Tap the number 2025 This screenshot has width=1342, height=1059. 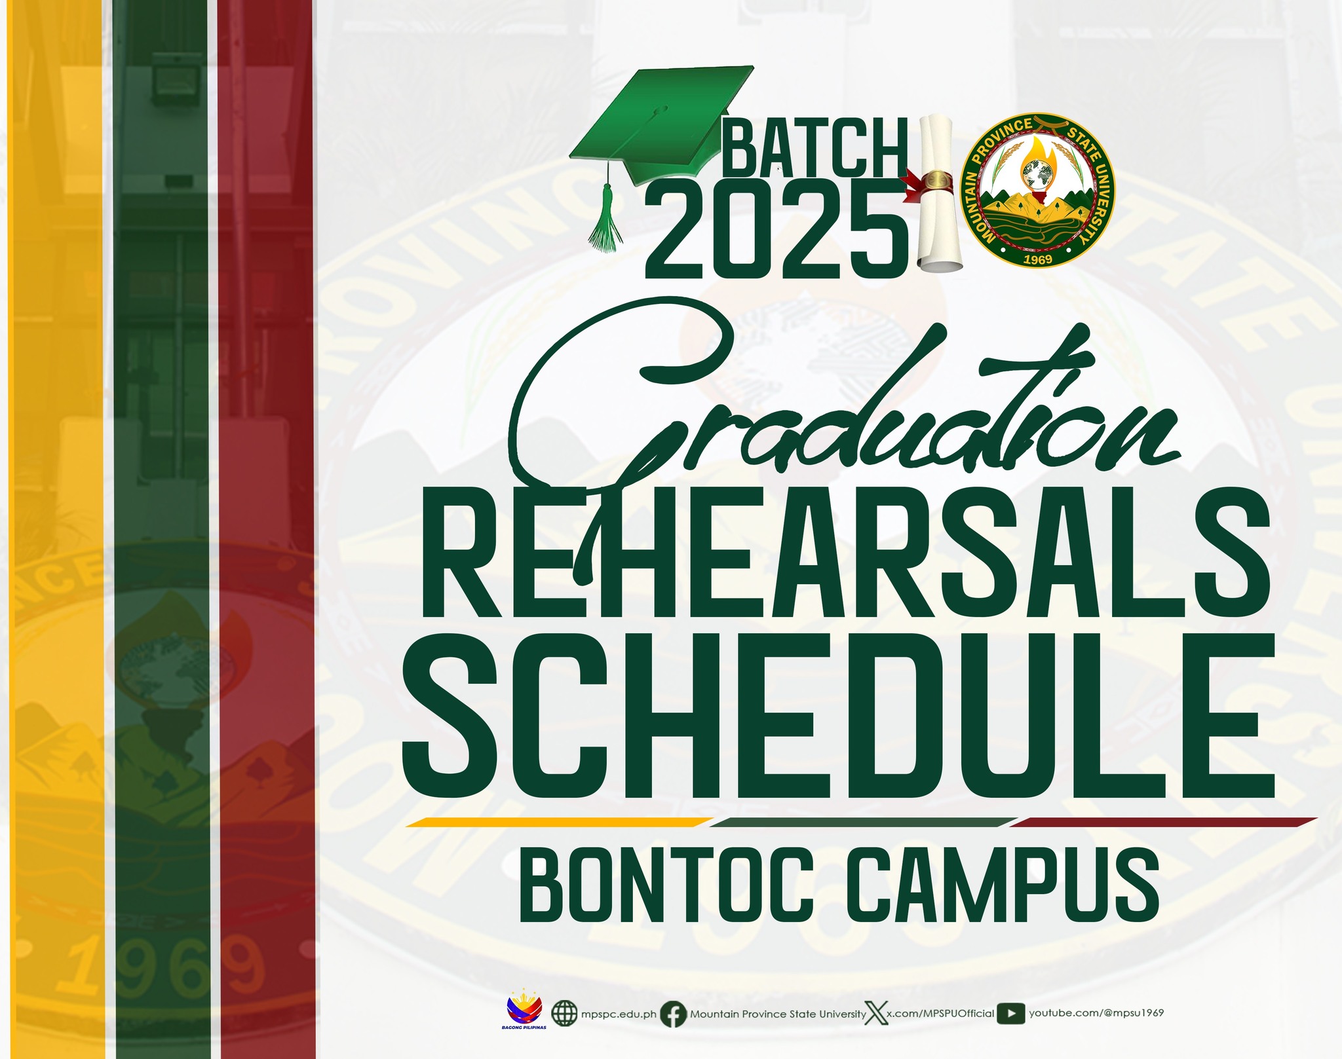tap(776, 230)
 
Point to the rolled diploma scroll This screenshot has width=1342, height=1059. tap(939, 193)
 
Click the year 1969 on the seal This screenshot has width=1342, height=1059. tap(1037, 259)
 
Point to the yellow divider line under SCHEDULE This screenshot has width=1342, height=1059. tap(560, 822)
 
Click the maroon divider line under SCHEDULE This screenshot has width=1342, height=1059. tap(1164, 822)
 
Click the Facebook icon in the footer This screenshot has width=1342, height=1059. tap(673, 1014)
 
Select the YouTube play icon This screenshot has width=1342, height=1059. tap(1011, 1013)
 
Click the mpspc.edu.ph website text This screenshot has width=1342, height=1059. tap(619, 1014)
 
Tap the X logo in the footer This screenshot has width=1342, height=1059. tap(876, 1013)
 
